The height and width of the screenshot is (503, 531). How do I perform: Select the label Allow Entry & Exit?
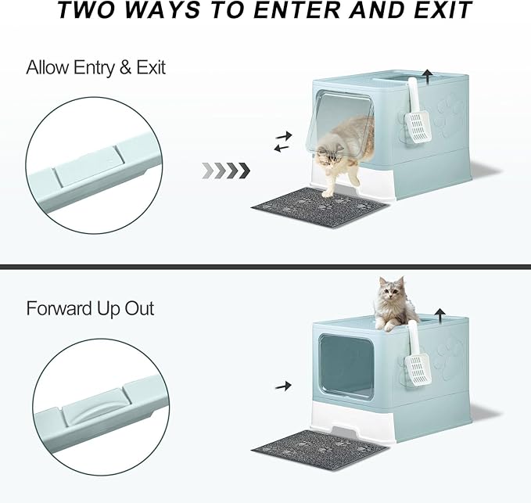[95, 67]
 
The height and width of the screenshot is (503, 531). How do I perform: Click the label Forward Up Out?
[90, 308]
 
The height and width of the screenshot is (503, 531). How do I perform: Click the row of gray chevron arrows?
[225, 170]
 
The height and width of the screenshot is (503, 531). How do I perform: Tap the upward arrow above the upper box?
[427, 75]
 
